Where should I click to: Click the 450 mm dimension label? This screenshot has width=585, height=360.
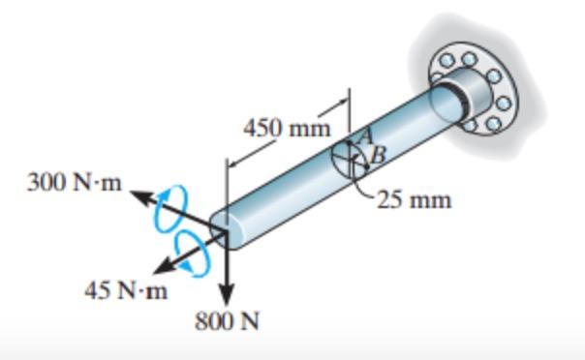[286, 128]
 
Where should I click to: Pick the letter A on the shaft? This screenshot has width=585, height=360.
[365, 136]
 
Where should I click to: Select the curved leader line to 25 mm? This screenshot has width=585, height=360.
[364, 189]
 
